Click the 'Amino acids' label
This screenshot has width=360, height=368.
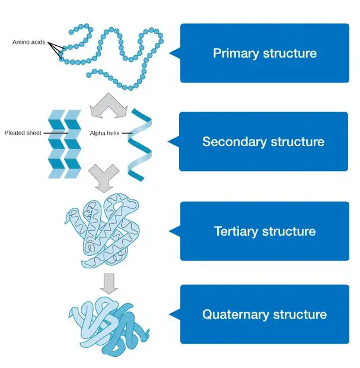tap(28, 42)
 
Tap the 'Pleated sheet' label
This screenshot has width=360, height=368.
tap(23, 133)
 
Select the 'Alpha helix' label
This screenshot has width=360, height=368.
tap(104, 133)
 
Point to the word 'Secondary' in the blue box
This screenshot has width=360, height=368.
tap(234, 141)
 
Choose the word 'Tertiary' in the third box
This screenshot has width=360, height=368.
tap(235, 231)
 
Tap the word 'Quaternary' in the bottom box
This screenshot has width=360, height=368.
tap(235, 314)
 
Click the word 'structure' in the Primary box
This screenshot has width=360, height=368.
tap(290, 53)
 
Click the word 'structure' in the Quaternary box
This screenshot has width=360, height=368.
tap(300, 314)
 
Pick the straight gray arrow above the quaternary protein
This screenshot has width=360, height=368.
tap(109, 284)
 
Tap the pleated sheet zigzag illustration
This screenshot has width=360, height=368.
tap(65, 144)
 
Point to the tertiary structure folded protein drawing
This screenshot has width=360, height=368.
tap(102, 231)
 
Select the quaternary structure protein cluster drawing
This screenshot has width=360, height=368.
tap(108, 326)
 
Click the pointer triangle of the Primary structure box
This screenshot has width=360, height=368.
tap(175, 53)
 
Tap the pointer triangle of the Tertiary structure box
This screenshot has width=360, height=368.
tap(175, 231)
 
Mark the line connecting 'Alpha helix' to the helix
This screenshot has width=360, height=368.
tap(127, 133)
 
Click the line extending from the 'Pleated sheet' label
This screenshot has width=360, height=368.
tap(56, 133)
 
